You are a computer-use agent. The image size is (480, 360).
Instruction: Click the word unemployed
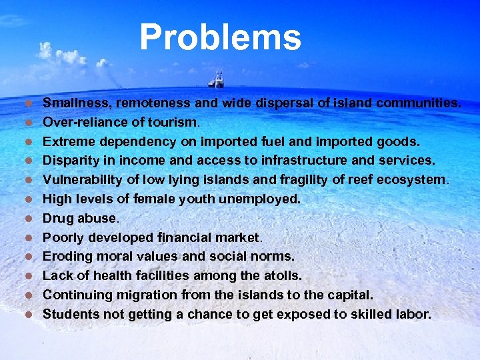click(261, 199)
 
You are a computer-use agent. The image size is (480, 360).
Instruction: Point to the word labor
click(413, 314)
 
